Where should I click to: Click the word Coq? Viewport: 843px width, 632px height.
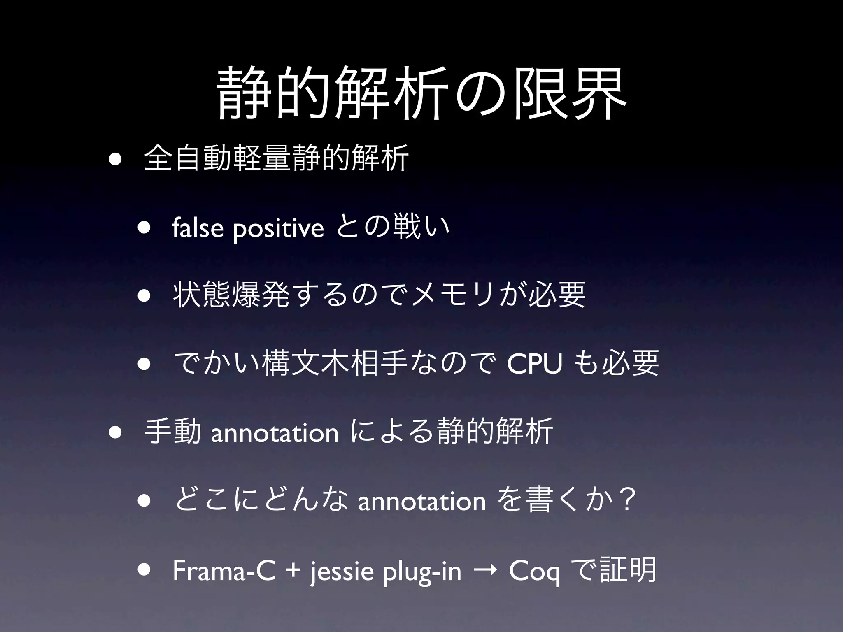(x=534, y=572)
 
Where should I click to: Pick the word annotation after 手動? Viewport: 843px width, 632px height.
(x=275, y=433)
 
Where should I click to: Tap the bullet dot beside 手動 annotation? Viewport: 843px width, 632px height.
(x=116, y=432)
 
